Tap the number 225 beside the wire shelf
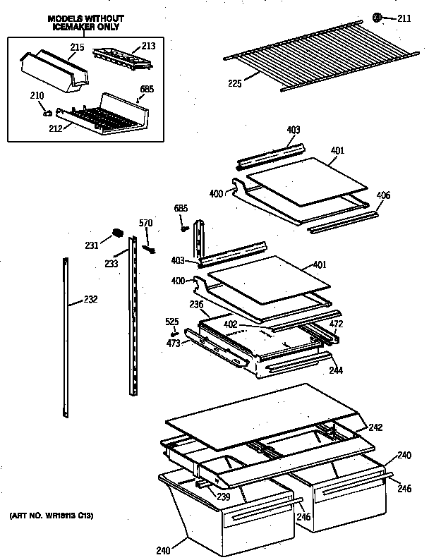coord(234,83)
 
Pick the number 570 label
coord(145,224)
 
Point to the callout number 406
coord(383,195)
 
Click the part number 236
coord(196,304)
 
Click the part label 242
coord(375,426)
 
